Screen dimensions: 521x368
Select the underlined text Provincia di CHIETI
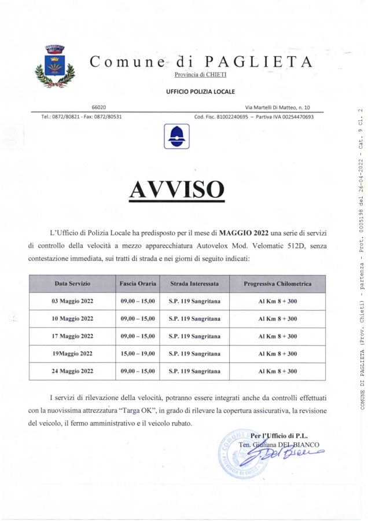201,74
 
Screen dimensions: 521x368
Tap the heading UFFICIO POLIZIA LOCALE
200,91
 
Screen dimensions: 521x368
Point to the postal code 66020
99,107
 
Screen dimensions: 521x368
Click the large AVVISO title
176,189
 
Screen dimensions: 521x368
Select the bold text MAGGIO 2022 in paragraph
244,233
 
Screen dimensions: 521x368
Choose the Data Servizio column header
72,284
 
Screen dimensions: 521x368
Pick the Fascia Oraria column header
138,284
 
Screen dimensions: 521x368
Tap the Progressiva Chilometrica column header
277,284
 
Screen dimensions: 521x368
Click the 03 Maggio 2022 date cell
72,301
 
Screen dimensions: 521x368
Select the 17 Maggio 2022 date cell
72,336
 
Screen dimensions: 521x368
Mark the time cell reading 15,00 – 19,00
138,353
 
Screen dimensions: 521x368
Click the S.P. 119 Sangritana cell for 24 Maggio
194,371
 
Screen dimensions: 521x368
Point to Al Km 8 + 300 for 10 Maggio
277,318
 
